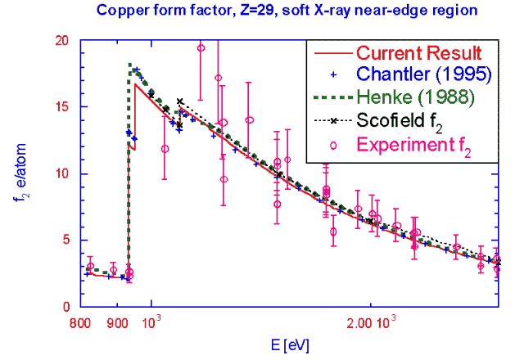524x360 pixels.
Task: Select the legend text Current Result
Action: [x=418, y=53]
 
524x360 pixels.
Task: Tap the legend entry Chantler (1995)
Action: [x=422, y=74]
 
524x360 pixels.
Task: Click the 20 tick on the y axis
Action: [x=64, y=40]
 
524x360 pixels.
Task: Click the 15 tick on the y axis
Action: [x=64, y=107]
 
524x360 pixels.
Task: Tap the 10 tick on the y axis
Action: [x=64, y=173]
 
